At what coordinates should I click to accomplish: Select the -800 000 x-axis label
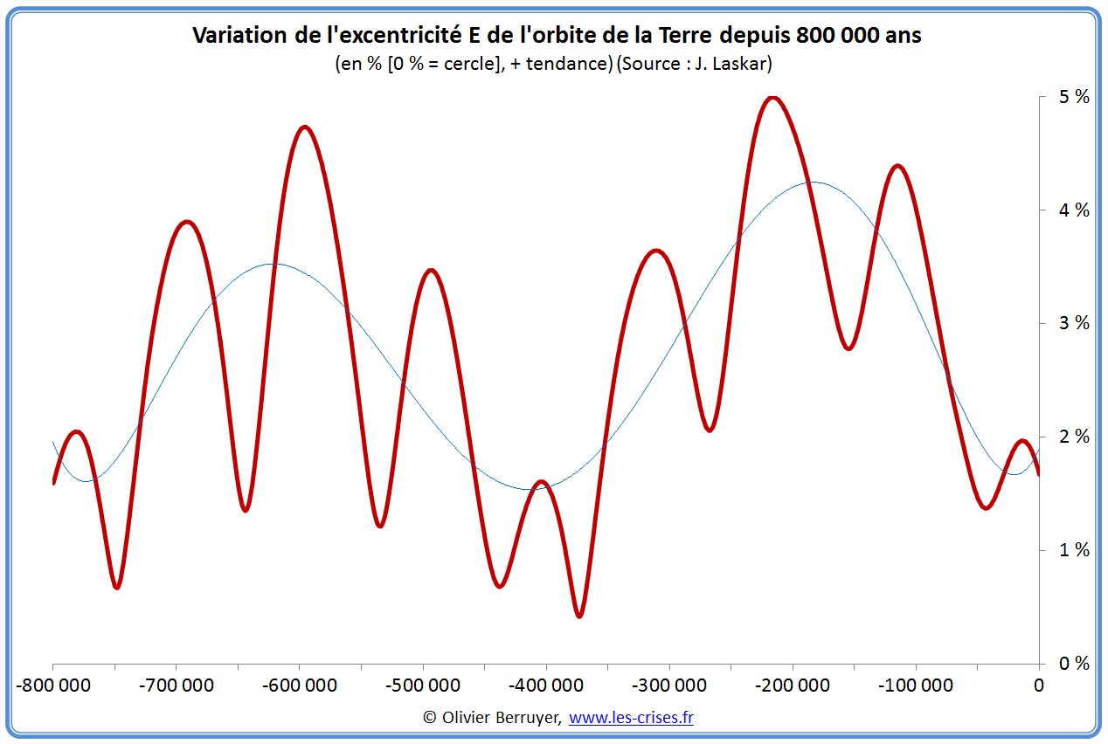coord(53,685)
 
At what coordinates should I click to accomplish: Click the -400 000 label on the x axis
coord(546,685)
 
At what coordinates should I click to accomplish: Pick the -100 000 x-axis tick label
coord(916,685)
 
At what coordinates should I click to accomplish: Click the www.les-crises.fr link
coord(631,717)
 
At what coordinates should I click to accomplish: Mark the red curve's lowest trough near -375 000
coord(579,616)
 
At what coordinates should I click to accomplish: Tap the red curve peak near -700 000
coord(186,222)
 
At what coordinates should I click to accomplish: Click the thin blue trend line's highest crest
coord(811,183)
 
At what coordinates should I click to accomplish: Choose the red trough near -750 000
coord(116,587)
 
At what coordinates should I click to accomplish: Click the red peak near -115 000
coord(897,165)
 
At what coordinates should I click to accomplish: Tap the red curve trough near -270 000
coord(710,430)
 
